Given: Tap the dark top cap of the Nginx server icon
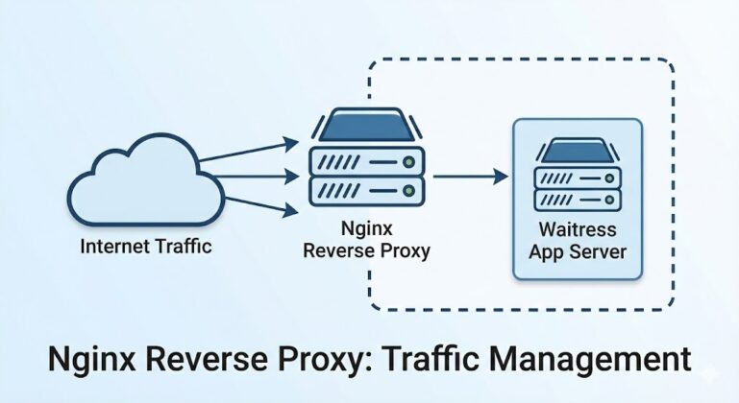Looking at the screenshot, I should [365, 127].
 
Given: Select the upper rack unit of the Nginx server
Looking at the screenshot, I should [365, 159].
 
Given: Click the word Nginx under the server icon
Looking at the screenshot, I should [365, 230].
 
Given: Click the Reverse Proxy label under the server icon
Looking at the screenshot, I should [365, 251].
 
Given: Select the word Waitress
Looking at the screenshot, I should [577, 230].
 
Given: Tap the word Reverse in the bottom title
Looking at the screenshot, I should [199, 359].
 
